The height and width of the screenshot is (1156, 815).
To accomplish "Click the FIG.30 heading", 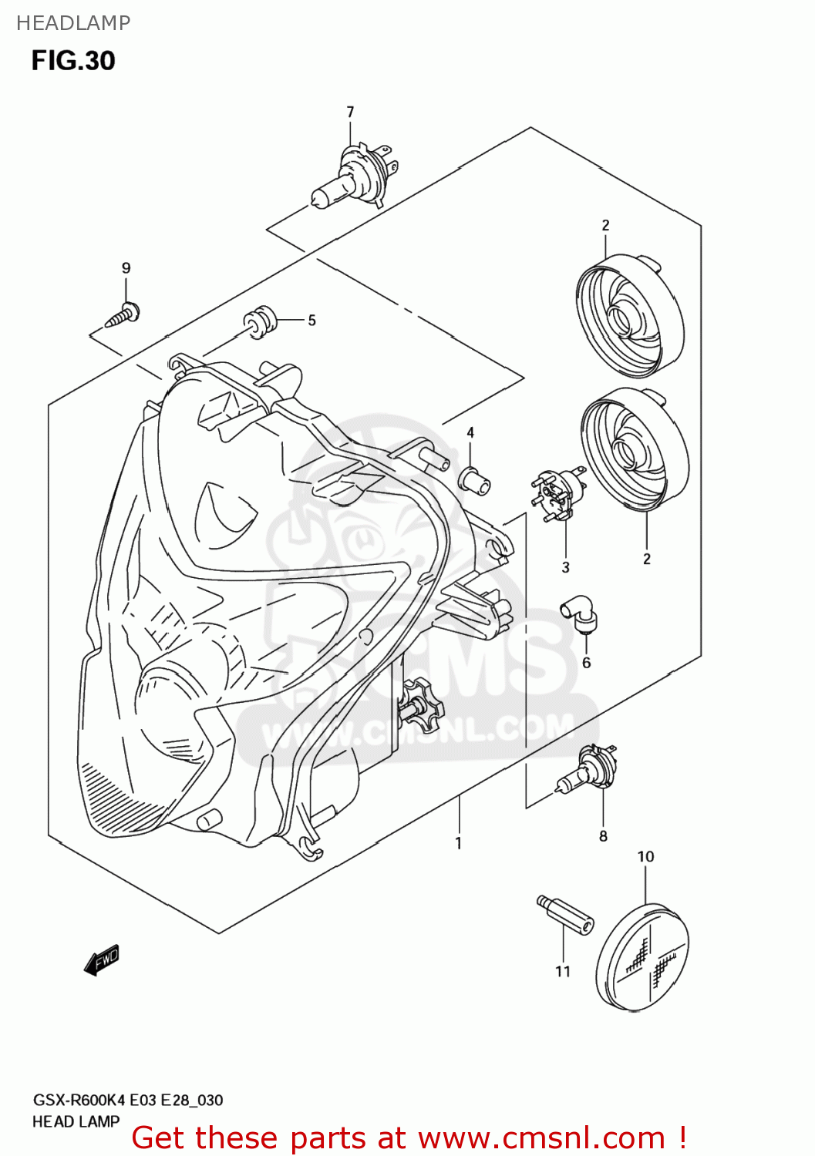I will click(x=73, y=61).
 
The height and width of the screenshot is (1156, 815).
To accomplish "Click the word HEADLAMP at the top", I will click(x=73, y=23).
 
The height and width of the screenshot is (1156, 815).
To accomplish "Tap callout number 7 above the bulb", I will click(x=350, y=113).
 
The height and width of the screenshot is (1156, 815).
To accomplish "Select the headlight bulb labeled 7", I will click(x=354, y=177).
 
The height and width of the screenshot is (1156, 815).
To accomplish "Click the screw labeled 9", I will click(x=123, y=314).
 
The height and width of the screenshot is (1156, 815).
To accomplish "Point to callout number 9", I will click(x=126, y=268).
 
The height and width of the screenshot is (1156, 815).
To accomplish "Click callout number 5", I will click(x=312, y=321).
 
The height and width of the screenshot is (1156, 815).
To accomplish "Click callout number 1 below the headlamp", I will click(x=458, y=843).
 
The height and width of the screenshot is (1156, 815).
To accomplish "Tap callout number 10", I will click(x=645, y=857).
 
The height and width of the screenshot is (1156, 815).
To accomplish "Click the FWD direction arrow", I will click(x=102, y=960).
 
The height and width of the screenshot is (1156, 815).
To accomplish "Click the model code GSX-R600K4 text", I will click(x=78, y=1100).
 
